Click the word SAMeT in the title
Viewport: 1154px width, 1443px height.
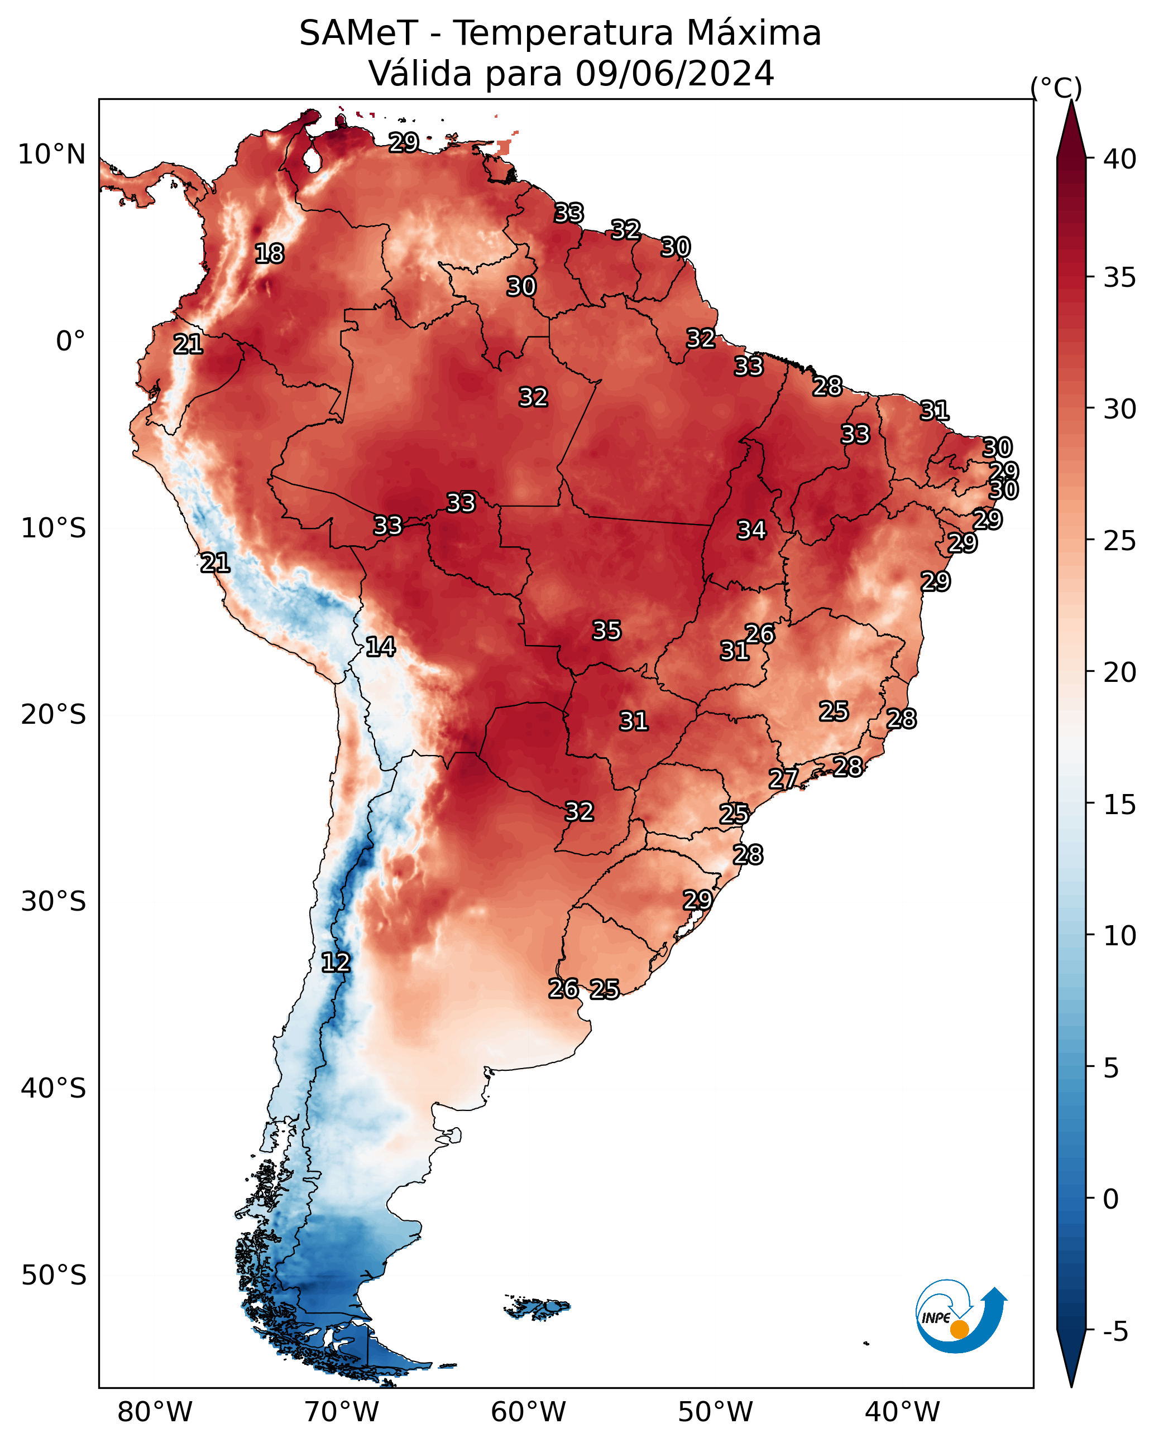(359, 33)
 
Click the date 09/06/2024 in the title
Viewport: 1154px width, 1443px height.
(675, 73)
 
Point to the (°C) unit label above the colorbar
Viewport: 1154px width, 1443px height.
(1056, 88)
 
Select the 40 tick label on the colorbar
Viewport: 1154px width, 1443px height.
(1120, 159)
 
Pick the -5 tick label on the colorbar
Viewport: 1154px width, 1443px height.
(1116, 1332)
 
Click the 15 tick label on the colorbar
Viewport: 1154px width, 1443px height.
(1120, 805)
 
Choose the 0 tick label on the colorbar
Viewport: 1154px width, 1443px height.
(1111, 1199)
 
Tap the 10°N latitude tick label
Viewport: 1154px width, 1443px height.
(51, 155)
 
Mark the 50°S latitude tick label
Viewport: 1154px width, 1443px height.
(54, 1276)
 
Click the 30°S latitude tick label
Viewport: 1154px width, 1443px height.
(54, 902)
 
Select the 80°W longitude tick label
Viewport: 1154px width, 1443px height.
(155, 1412)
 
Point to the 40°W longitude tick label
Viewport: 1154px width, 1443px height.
(902, 1412)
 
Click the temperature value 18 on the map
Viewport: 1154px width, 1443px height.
(269, 254)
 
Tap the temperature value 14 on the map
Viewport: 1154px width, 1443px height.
(380, 647)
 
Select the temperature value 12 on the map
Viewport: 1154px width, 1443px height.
(336, 963)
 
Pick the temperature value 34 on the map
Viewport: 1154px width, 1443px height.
(751, 530)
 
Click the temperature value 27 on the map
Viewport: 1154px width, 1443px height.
(783, 778)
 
